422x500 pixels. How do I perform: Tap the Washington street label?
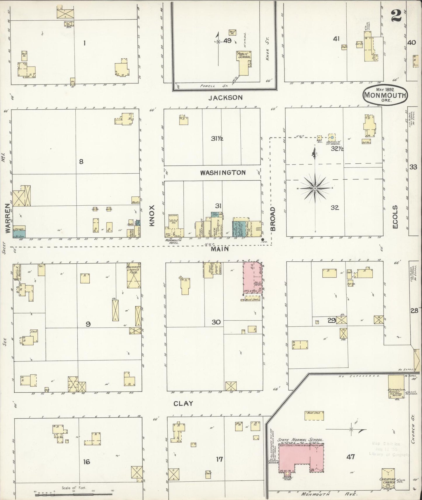click(x=223, y=173)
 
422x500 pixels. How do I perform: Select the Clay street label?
click(x=183, y=403)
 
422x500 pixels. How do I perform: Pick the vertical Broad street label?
click(x=273, y=219)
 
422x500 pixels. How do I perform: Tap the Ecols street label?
click(x=395, y=217)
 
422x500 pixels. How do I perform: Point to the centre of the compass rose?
click(x=315, y=189)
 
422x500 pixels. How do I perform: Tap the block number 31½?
click(x=217, y=139)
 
